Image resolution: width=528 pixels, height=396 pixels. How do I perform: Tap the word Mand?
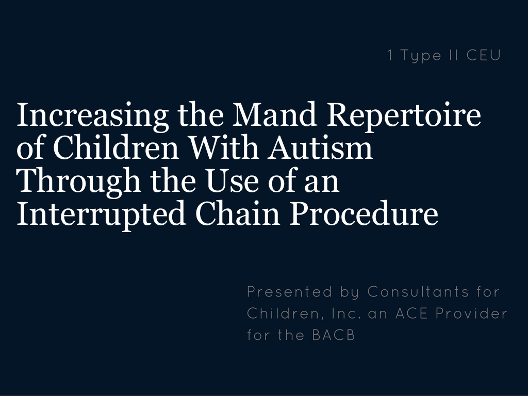coord(274,114)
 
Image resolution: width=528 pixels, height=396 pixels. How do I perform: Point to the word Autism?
coord(320,147)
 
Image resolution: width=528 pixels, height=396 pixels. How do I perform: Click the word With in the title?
coord(224,147)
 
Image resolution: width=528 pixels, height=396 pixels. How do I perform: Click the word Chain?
coord(237,213)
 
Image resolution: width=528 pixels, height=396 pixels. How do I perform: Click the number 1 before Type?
coord(390,55)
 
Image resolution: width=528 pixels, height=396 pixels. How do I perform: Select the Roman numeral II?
coord(454,55)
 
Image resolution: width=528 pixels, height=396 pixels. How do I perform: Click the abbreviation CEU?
coord(483,55)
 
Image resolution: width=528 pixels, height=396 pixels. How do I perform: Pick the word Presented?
coord(290,292)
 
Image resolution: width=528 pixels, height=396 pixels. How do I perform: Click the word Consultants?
coord(418,292)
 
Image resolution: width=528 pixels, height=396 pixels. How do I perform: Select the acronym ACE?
coord(411,313)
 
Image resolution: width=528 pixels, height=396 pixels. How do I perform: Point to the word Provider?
coord(471,313)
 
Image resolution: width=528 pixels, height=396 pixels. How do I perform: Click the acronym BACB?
coord(333,335)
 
